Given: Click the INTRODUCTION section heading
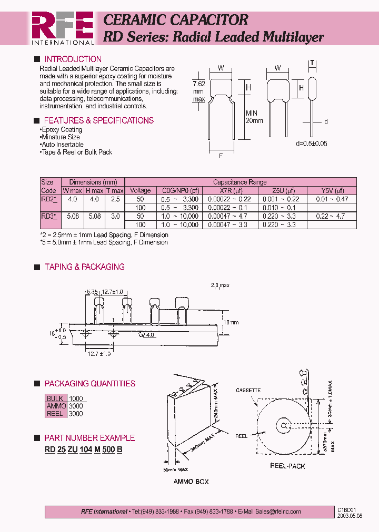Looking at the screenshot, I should pos(73,59).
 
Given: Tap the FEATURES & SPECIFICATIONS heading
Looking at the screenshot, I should pos(98,120).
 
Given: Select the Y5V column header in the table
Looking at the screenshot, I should pos(333,190).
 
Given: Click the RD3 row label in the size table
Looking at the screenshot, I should pos(49,216).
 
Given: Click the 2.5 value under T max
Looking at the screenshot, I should pos(115,199).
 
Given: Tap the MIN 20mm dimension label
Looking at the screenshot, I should pos(254,117).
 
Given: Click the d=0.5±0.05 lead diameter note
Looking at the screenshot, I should pos(312,144).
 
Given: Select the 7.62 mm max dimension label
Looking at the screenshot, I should pos(198,91).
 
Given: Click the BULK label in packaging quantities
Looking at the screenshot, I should pos(55,399).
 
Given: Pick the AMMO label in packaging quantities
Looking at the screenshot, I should pos(56,406).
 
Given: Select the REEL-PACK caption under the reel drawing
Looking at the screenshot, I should pos(287,466).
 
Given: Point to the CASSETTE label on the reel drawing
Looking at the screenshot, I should pos(248,391).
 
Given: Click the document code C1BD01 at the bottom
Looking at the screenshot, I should pos(347,510).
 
